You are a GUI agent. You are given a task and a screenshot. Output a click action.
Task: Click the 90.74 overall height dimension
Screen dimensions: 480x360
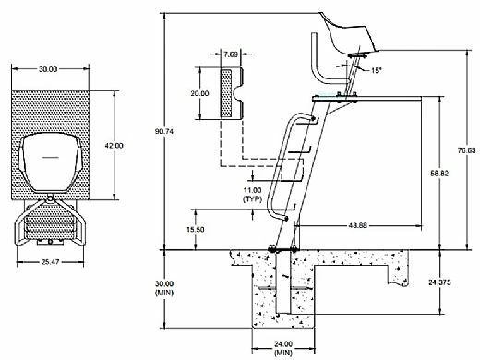pyautogui.click(x=164, y=131)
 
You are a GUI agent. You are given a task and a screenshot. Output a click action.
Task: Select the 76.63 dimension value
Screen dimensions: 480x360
pyautogui.click(x=466, y=150)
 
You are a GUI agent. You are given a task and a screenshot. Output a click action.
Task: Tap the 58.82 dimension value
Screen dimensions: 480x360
pyautogui.click(x=439, y=174)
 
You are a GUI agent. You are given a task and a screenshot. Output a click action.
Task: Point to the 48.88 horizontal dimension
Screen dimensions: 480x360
pyautogui.click(x=358, y=225)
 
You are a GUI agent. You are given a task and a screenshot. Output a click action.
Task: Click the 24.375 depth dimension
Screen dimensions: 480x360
pyautogui.click(x=439, y=282)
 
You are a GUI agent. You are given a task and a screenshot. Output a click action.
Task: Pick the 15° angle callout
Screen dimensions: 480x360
pyautogui.click(x=376, y=70)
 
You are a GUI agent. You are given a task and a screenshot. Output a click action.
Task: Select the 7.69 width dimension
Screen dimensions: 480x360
pyautogui.click(x=231, y=54)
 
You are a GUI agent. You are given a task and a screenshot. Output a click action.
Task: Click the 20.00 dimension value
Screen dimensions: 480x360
pyautogui.click(x=199, y=93)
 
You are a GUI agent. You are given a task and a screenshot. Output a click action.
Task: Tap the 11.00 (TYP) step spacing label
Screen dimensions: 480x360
pyautogui.click(x=252, y=195)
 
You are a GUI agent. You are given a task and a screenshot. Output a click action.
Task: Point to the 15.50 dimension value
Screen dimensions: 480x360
pyautogui.click(x=196, y=230)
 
